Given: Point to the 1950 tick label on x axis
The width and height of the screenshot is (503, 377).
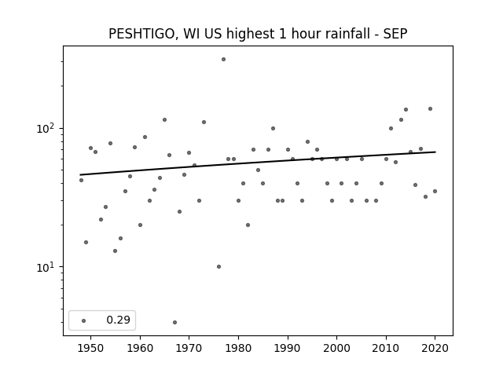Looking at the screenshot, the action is pyautogui.click(x=91, y=348).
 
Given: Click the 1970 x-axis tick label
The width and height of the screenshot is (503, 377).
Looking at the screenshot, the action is pyautogui.click(x=189, y=348).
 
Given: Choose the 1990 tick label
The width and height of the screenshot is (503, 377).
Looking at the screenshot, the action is pyautogui.click(x=288, y=348).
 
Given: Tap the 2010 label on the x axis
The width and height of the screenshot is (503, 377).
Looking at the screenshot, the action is pyautogui.click(x=386, y=348).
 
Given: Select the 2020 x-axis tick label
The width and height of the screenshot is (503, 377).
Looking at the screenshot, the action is pyautogui.click(x=435, y=348).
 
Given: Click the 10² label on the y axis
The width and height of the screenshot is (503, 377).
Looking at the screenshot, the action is pyautogui.click(x=47, y=128).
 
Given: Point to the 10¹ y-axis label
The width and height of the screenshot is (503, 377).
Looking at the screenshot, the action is pyautogui.click(x=47, y=267).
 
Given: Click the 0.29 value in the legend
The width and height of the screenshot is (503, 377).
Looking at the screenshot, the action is pyautogui.click(x=119, y=320).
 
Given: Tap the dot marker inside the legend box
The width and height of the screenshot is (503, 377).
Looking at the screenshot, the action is pyautogui.click(x=84, y=320).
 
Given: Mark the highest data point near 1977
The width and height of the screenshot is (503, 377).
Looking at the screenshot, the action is pyautogui.click(x=223, y=60).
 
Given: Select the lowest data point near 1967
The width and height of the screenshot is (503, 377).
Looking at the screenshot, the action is pyautogui.click(x=174, y=322).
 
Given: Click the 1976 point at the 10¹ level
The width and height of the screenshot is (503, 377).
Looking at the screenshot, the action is pyautogui.click(x=218, y=267).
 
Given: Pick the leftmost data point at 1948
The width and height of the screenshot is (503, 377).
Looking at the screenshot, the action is pyautogui.click(x=81, y=180).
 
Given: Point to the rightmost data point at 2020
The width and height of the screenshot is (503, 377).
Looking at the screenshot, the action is pyautogui.click(x=435, y=191).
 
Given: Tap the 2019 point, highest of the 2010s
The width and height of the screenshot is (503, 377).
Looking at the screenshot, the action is pyautogui.click(x=430, y=108).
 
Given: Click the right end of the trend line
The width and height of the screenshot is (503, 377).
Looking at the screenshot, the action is pyautogui.click(x=435, y=152).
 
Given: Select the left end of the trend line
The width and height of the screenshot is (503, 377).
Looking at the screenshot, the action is pyautogui.click(x=80, y=174).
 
